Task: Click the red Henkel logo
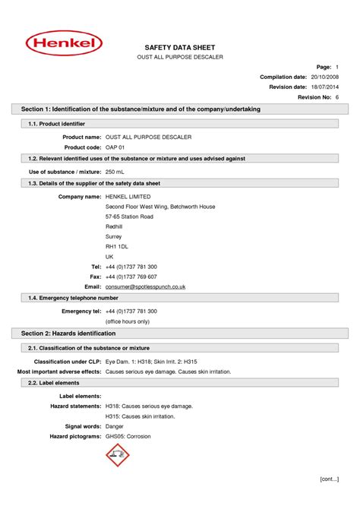(x=65, y=43)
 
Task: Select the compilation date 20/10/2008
(x=324, y=77)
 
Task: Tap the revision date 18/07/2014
(x=324, y=87)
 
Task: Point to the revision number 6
(x=336, y=98)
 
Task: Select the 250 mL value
(x=116, y=172)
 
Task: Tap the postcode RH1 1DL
(x=117, y=247)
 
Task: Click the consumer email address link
(x=145, y=286)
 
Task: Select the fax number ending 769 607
(x=131, y=277)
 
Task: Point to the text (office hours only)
(x=128, y=321)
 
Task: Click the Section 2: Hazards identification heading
(x=68, y=334)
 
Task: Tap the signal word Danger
(x=115, y=427)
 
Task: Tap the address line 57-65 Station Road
(x=129, y=217)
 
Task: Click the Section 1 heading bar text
(x=141, y=109)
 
